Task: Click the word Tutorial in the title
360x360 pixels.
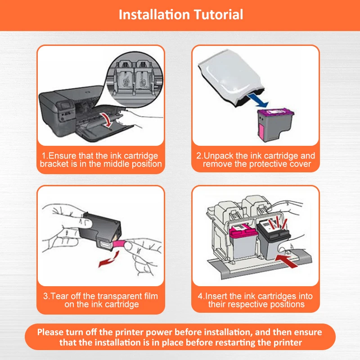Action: point(218,15)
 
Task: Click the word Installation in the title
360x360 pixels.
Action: point(154,15)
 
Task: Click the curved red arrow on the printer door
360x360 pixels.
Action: point(107,120)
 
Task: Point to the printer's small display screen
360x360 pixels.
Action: point(65,106)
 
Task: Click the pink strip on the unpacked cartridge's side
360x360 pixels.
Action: point(261,130)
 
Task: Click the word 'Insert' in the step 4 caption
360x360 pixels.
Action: point(216,296)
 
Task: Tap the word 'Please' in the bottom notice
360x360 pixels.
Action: point(50,332)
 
